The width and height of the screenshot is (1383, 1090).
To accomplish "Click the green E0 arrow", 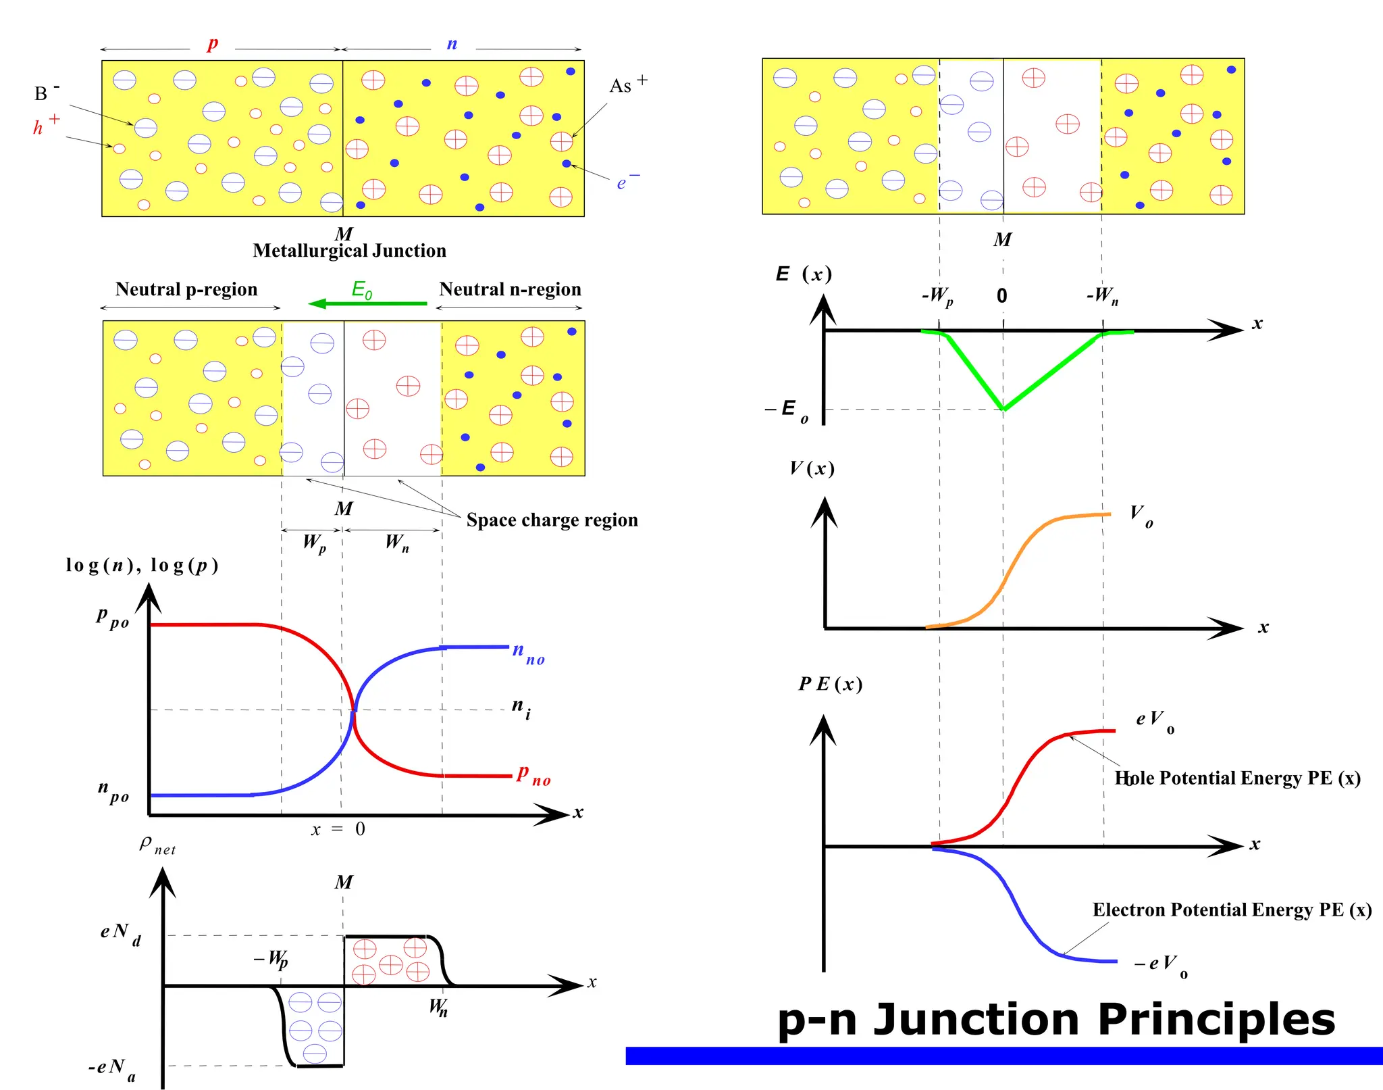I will (368, 303).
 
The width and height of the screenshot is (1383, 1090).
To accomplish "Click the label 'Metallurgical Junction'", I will (349, 251).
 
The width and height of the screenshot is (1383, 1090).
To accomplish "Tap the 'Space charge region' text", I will (552, 520).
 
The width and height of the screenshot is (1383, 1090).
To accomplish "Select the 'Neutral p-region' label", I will (186, 289).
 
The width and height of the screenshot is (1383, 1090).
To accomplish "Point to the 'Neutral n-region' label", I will (510, 289).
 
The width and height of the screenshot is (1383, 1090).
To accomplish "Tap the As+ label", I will (627, 85).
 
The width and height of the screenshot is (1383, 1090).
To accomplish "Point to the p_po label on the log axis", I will (112, 617).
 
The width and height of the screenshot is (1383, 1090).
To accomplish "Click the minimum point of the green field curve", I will (1004, 409).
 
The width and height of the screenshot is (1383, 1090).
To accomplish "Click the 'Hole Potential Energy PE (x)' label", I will (1237, 778).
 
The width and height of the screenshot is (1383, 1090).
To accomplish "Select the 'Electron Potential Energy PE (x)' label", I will (1232, 910).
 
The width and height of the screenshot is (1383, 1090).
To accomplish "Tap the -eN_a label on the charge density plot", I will (112, 1069).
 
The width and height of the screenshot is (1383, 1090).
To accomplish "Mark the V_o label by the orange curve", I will (1141, 516).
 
